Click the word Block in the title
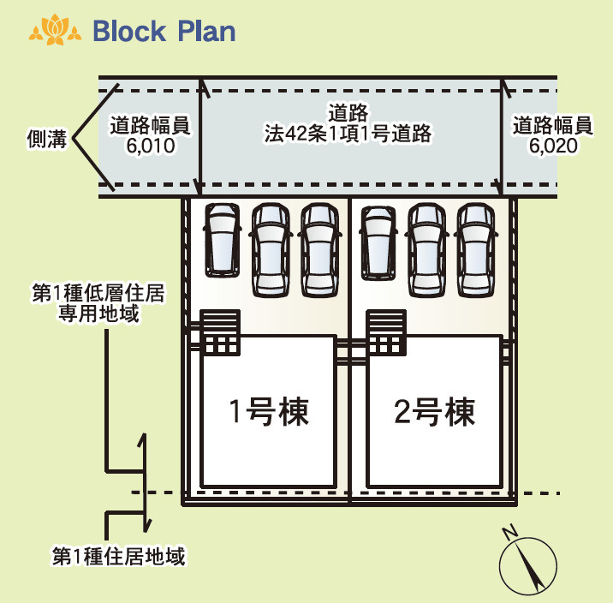pyautogui.click(x=128, y=32)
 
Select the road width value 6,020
pyautogui.click(x=553, y=146)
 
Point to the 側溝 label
pyautogui.click(x=47, y=140)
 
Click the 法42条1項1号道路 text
pyautogui.click(x=347, y=134)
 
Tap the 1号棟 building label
pyautogui.click(x=268, y=413)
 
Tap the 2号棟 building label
pyautogui.click(x=434, y=413)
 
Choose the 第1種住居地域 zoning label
pyautogui.click(x=118, y=557)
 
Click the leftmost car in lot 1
pyautogui.click(x=222, y=236)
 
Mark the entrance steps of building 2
pyautogui.click(x=386, y=330)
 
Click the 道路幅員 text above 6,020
pyautogui.click(x=553, y=126)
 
